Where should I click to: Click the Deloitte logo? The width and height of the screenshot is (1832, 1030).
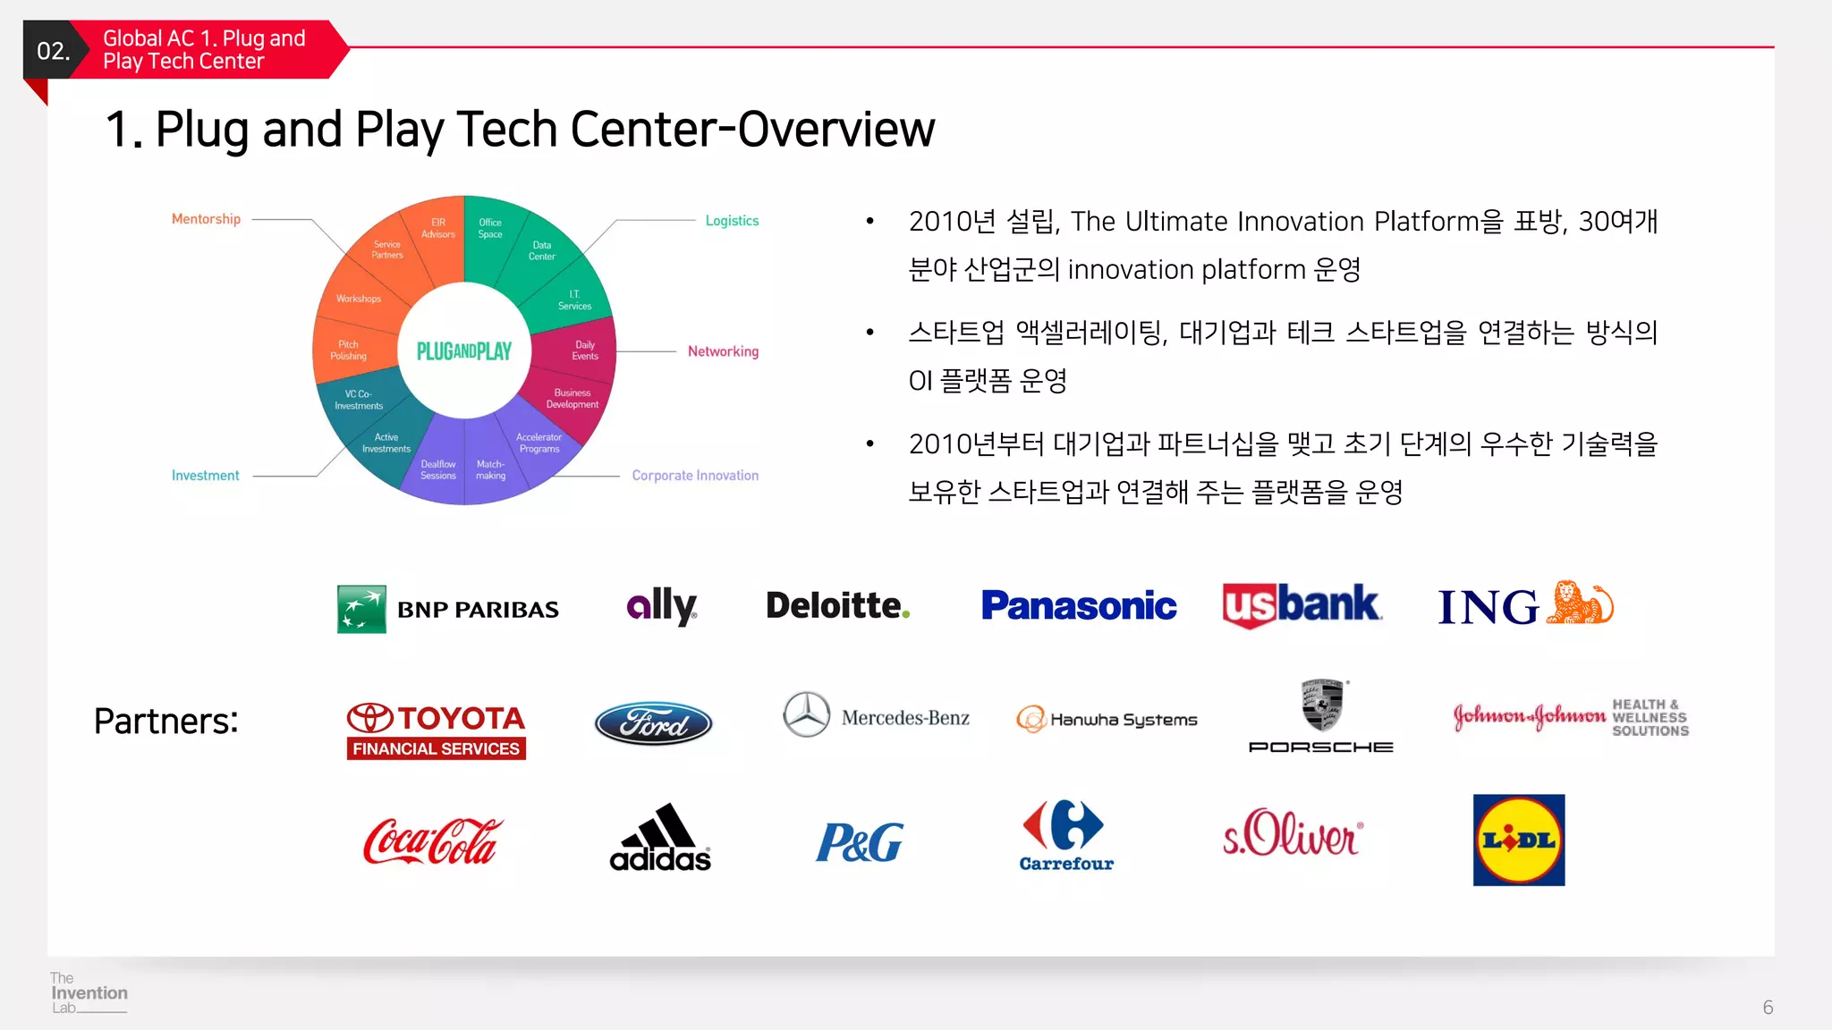click(837, 606)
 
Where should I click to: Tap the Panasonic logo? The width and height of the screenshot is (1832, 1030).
click(1078, 606)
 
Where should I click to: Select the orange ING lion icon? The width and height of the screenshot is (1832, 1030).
click(1580, 604)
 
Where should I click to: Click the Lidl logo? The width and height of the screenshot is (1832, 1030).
click(1518, 840)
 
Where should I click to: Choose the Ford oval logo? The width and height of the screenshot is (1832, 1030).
click(653, 723)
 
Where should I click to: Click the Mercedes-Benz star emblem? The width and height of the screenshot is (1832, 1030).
click(806, 714)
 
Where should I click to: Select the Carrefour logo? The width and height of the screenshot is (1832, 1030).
click(1065, 835)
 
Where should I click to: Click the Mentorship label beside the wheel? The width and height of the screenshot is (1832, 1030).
click(206, 219)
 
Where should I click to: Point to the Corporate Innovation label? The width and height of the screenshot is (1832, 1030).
click(694, 476)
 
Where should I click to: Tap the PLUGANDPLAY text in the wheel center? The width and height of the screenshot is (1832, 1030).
click(463, 351)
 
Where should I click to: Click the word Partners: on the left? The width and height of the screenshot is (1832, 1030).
click(165, 721)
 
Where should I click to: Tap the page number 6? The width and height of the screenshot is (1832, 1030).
click(1768, 1008)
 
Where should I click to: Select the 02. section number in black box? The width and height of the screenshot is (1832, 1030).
click(53, 51)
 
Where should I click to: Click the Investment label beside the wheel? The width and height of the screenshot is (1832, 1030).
click(205, 476)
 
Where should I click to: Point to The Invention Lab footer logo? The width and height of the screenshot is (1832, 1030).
click(88, 992)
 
